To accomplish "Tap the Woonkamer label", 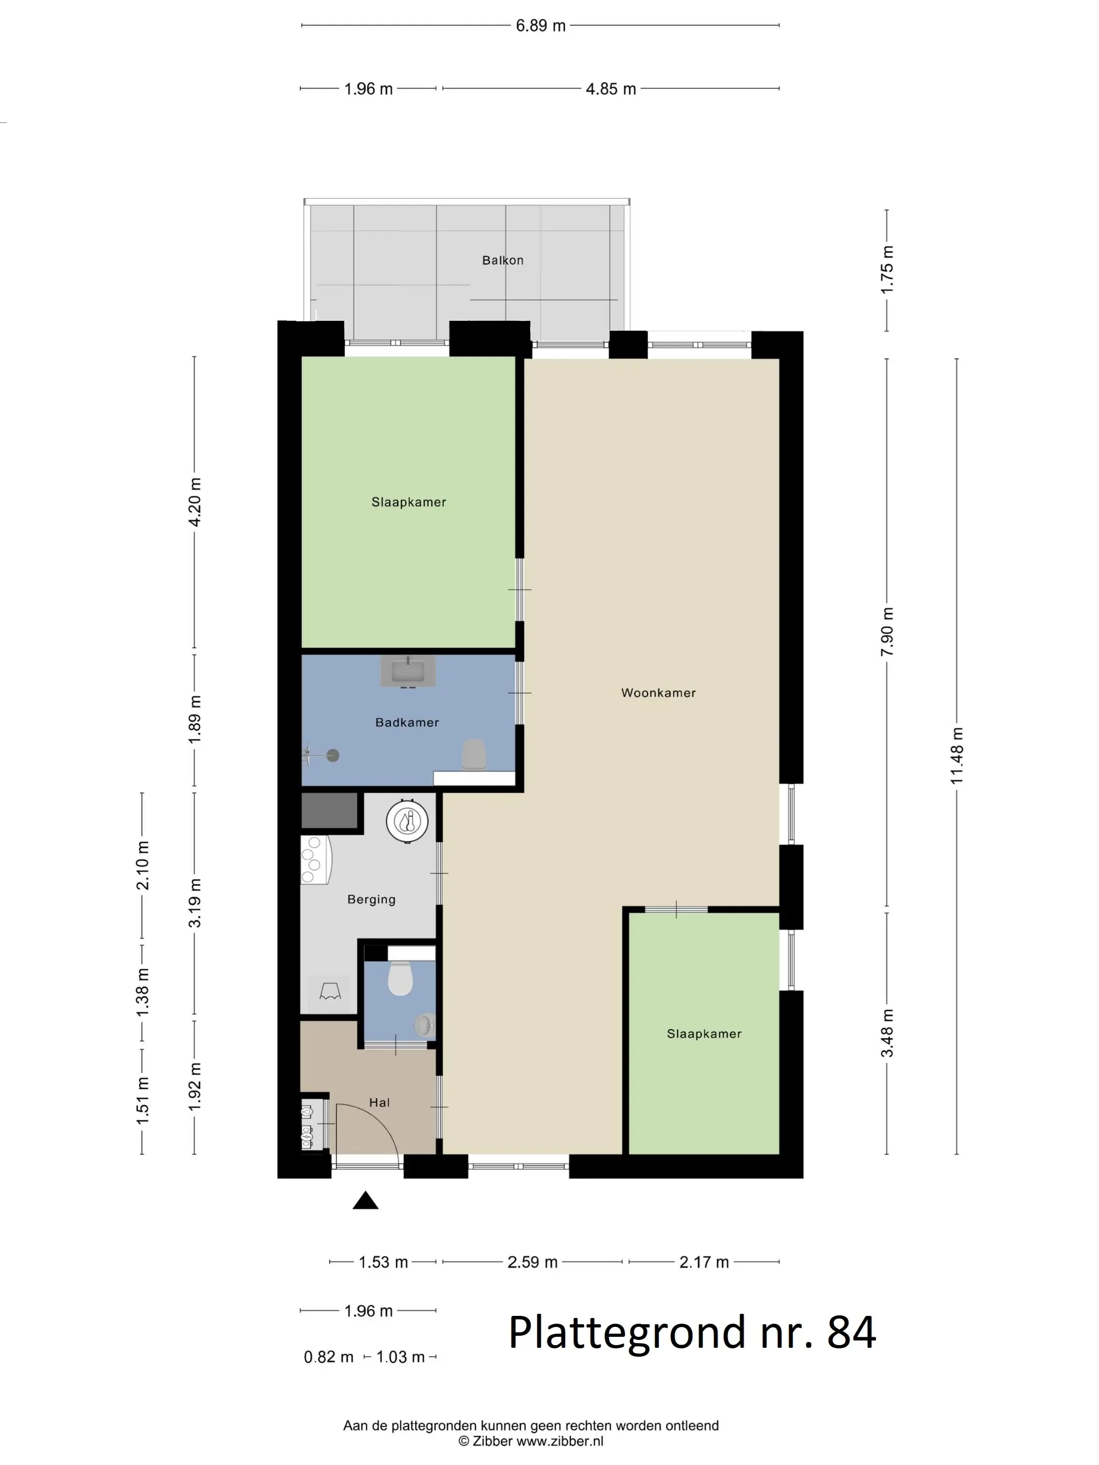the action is coord(658,693).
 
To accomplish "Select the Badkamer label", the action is coord(407,723).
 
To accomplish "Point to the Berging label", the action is coord(371,899).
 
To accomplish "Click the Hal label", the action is coord(379,1103).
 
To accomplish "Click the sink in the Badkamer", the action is coord(407,672).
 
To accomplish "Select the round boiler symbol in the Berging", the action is coord(407,821).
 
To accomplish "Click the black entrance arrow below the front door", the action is coord(365,1200).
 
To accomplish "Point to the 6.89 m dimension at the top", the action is coord(541,26).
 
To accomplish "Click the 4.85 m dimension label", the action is coord(611,89).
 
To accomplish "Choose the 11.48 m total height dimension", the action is coord(957,756).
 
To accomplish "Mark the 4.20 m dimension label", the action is coord(195,501).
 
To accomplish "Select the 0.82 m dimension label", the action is coord(329,1357).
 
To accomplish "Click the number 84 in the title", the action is coord(852,1332).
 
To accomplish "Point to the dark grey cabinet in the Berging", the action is coord(329,810).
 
